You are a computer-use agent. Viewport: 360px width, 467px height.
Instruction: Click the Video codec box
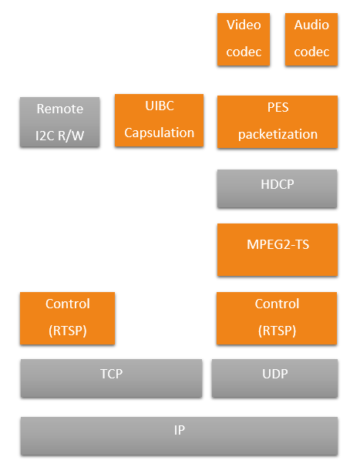click(x=244, y=39)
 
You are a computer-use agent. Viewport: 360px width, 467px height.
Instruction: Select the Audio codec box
click(x=311, y=39)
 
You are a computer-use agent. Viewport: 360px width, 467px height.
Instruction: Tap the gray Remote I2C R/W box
click(x=59, y=122)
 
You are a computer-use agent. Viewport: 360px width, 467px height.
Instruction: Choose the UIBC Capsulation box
click(x=159, y=120)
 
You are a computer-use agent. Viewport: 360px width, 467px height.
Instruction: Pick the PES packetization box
click(x=278, y=122)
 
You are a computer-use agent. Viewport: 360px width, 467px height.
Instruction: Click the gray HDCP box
click(x=278, y=189)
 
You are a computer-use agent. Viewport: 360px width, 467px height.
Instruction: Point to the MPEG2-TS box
click(x=278, y=250)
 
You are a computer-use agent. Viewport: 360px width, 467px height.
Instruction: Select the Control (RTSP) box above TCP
click(x=67, y=318)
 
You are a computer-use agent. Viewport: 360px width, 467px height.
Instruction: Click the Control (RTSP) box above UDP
click(x=277, y=318)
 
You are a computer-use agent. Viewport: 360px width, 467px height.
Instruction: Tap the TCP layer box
click(x=111, y=378)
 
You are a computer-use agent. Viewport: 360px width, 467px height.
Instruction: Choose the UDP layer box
click(x=274, y=378)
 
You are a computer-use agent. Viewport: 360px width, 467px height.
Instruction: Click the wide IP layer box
click(x=179, y=436)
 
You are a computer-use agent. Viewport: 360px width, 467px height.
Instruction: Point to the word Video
click(x=244, y=25)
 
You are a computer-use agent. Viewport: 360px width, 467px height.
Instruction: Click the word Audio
click(x=311, y=25)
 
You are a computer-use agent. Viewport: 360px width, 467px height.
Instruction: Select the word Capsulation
click(x=159, y=133)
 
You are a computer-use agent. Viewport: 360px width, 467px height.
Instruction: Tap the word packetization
click(x=278, y=135)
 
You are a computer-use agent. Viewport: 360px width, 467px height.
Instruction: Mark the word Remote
click(x=60, y=109)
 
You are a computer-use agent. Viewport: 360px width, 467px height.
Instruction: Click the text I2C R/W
click(x=59, y=136)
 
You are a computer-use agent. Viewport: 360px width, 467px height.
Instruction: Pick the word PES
click(x=278, y=108)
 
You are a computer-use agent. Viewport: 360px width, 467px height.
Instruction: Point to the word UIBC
click(x=160, y=106)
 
